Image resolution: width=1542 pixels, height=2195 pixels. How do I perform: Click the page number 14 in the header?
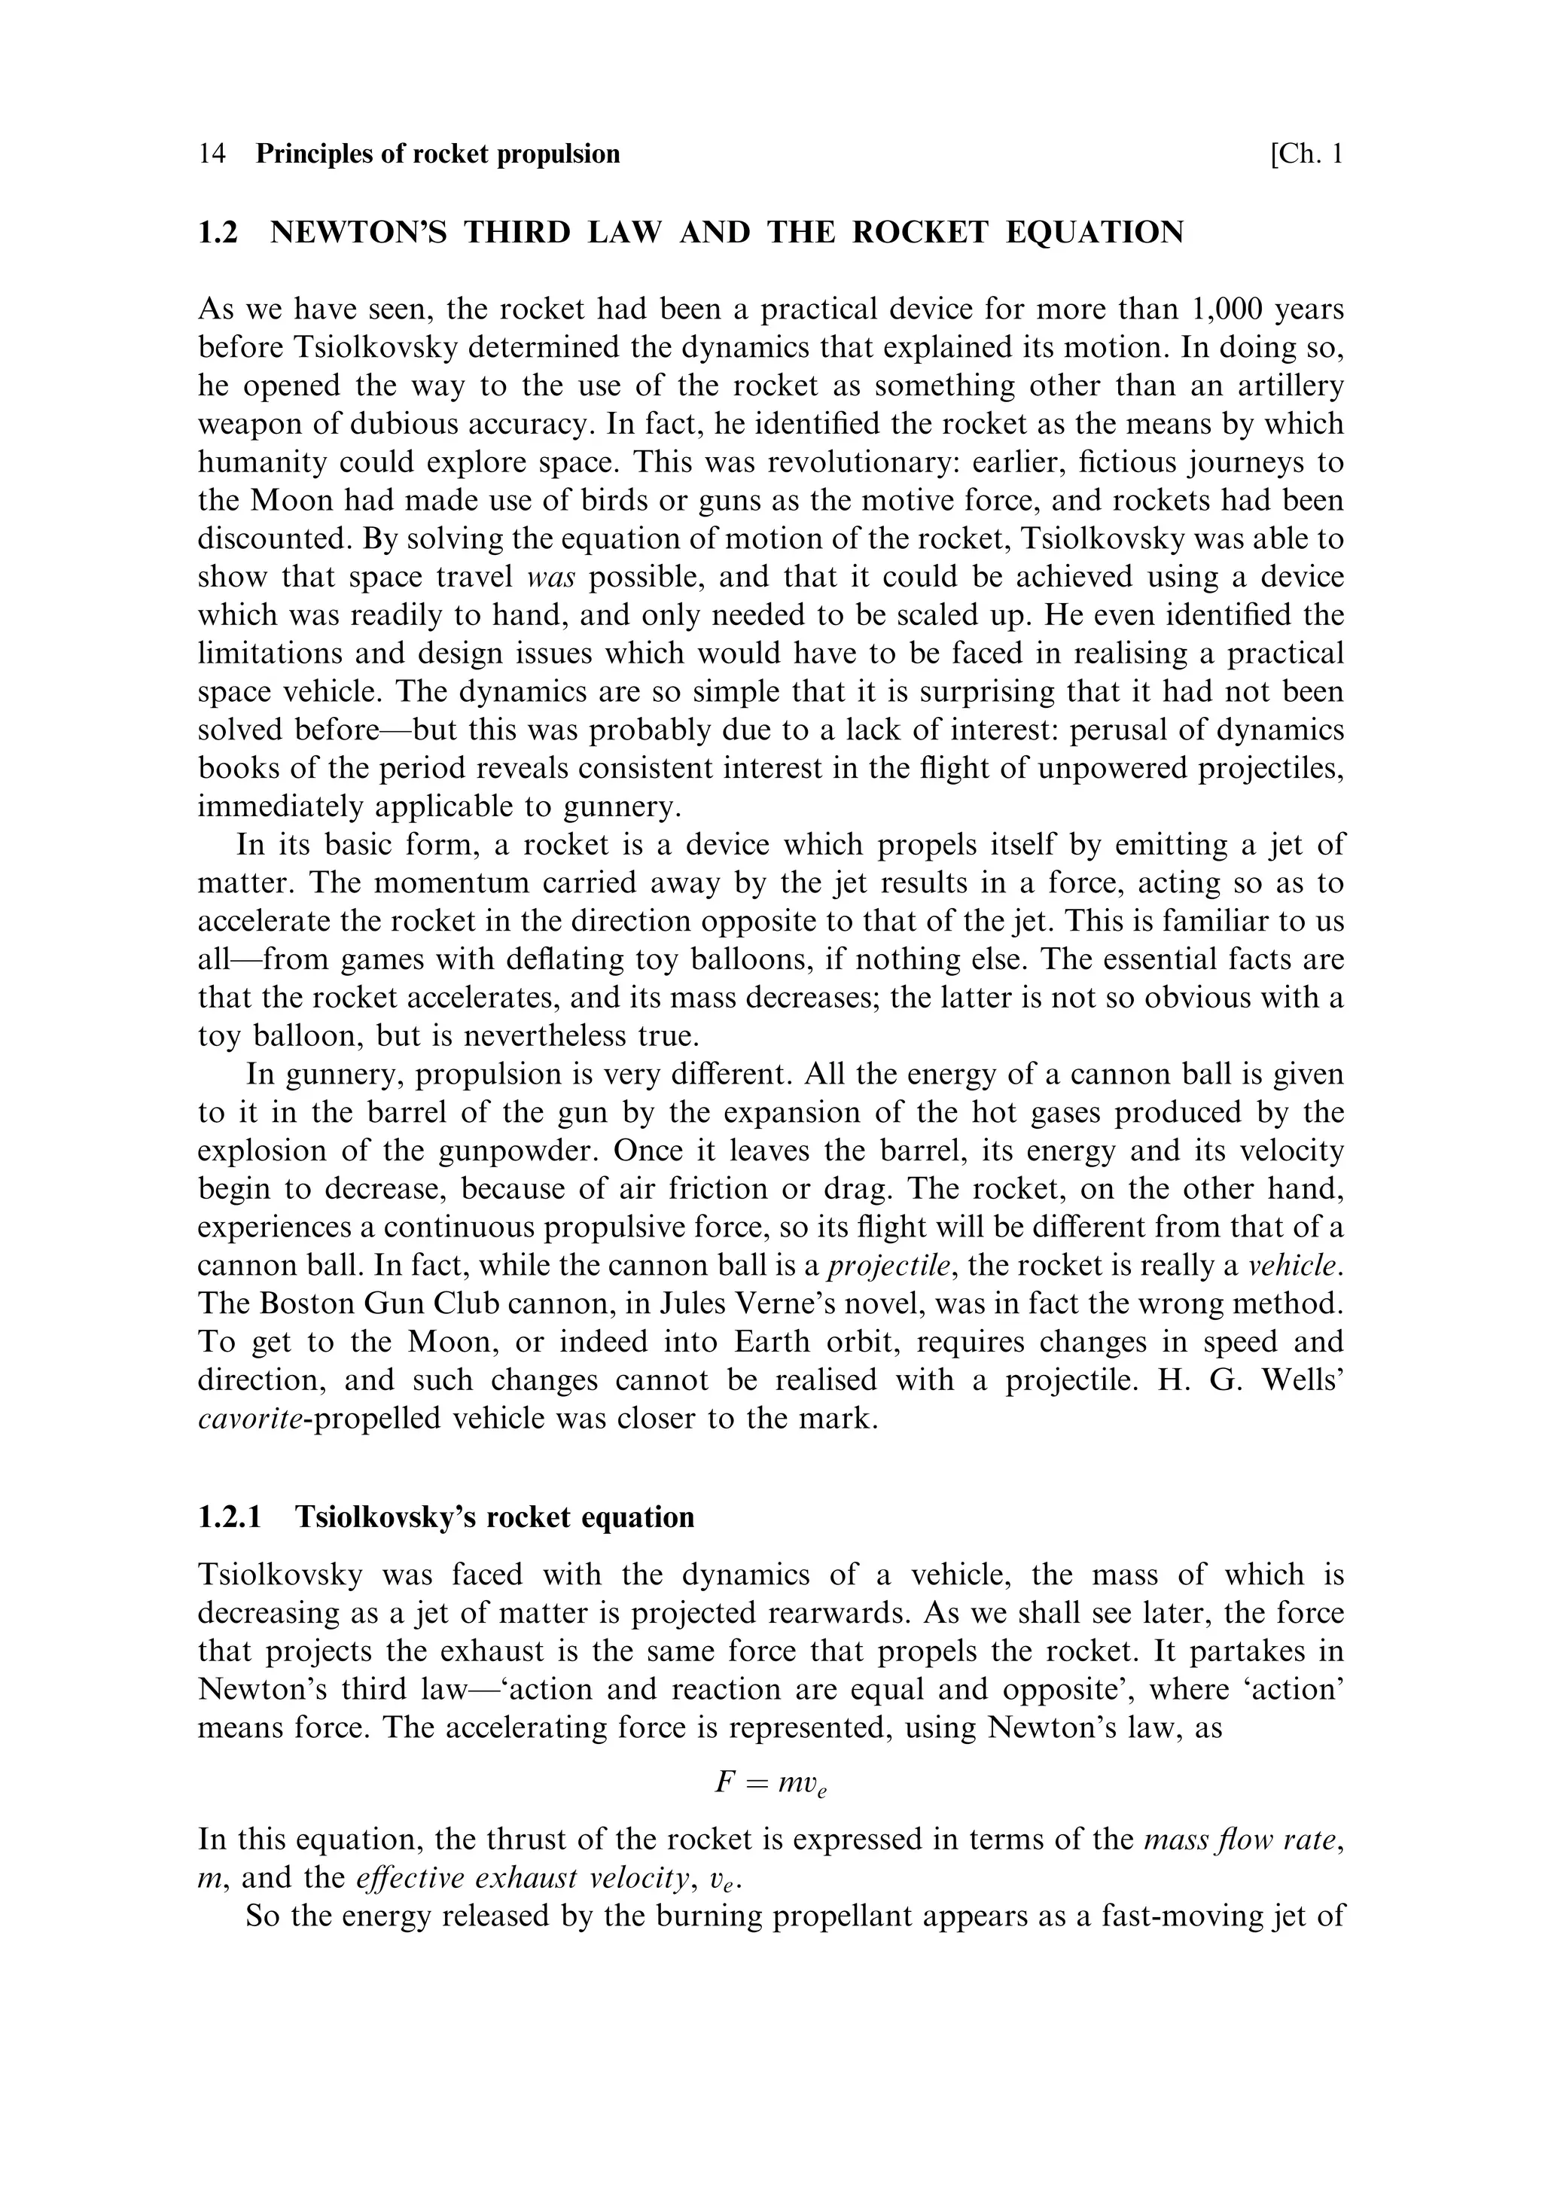[212, 154]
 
